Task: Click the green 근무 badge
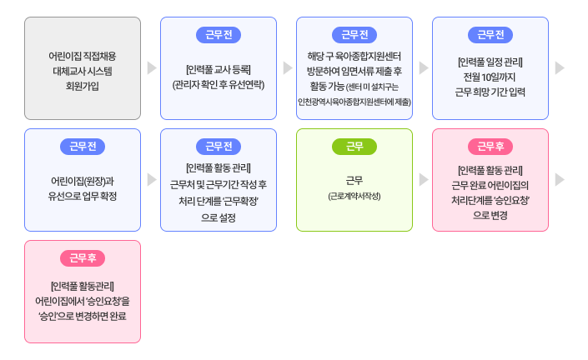[354, 147]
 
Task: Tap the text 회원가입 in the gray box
[83, 86]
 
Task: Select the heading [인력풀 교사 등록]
[218, 69]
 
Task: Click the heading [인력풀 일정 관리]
[490, 62]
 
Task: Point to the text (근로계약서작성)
[354, 196]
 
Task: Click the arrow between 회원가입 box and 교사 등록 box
[151, 68]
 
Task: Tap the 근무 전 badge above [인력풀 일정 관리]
[490, 35]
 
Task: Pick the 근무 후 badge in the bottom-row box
[83, 258]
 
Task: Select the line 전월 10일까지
[490, 77]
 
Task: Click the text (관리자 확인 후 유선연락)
[218, 85]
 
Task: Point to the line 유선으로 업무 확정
[83, 196]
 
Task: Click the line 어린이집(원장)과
[83, 180]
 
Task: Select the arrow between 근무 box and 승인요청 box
[423, 180]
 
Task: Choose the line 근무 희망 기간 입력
[490, 93]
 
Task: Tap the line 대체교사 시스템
[83, 70]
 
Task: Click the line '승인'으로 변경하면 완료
[83, 316]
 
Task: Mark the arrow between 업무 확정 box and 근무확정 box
[151, 180]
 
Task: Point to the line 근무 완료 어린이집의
[490, 185]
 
